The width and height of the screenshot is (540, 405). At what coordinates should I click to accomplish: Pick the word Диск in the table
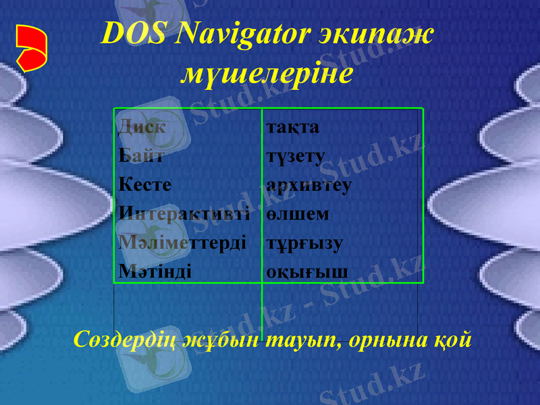[142, 126]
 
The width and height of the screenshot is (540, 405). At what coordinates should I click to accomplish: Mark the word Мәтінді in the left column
[155, 271]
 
